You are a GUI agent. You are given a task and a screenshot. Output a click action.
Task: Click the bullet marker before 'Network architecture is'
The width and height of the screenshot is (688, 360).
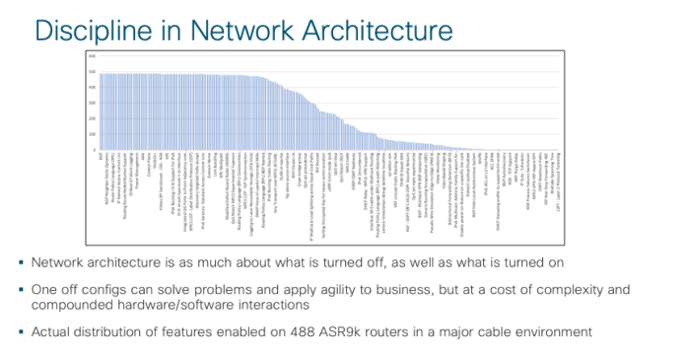click(22, 262)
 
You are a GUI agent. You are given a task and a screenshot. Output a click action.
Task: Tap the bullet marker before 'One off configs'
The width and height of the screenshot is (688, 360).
click(22, 289)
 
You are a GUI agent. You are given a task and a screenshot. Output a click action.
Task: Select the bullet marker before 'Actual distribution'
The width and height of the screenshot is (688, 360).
click(22, 328)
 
